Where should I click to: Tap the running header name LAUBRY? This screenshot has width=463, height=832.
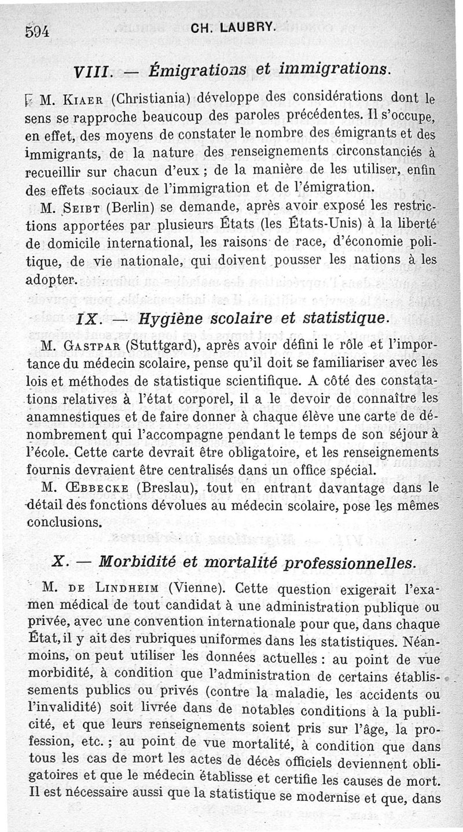241,27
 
